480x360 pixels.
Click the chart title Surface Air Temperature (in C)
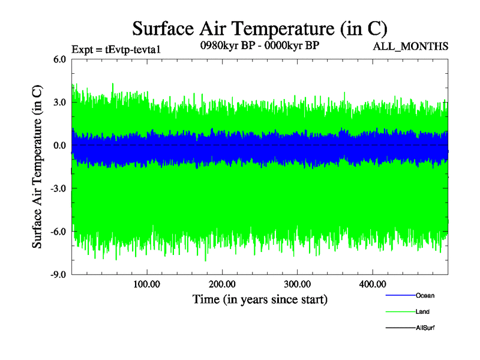pos(259,28)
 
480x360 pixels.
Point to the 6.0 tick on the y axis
pos(59,59)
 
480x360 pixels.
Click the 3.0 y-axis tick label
pos(59,103)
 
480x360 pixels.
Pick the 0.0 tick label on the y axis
pos(59,146)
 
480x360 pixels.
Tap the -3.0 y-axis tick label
pos(58,188)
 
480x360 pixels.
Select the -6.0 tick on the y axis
pos(58,232)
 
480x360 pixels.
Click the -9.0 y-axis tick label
pos(58,275)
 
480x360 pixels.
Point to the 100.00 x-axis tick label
pos(146,284)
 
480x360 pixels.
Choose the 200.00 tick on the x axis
pos(222,284)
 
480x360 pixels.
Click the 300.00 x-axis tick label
pos(297,284)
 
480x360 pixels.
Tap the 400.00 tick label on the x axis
pos(372,284)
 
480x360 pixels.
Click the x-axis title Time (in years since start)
pos(260,299)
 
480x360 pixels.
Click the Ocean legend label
pos(425,296)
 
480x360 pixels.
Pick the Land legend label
pos(422,312)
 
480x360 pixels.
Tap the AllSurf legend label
pos(425,328)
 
